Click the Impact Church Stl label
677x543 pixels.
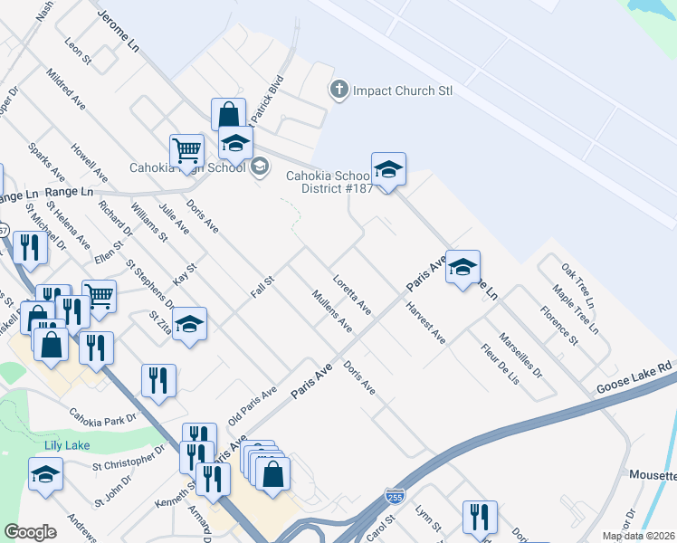pos(403,90)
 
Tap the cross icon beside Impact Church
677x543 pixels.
pos(338,90)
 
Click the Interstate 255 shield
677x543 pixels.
pos(394,496)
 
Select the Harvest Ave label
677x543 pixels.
pos(425,323)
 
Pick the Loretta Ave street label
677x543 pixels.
pos(352,295)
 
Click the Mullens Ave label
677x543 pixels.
pos(331,310)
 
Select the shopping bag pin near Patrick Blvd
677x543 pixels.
pos(228,115)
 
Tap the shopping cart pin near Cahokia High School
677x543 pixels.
pos(186,150)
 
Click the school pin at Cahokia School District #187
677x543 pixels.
pos(387,169)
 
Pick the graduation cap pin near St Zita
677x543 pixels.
pos(189,324)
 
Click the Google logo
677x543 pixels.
pos(30,532)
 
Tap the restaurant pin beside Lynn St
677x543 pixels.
pos(479,518)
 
